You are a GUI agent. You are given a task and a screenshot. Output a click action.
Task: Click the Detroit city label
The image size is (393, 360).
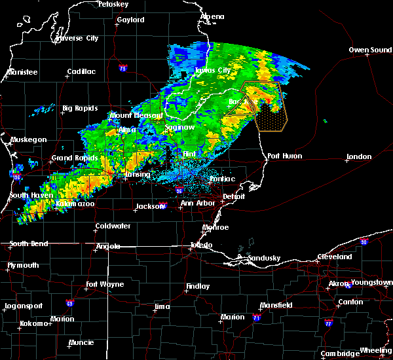234,196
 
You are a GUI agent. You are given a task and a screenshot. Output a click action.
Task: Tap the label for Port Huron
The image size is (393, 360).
283,156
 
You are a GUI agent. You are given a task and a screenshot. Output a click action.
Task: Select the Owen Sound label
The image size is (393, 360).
371,50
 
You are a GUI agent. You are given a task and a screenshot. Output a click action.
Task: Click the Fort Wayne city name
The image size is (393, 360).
107,285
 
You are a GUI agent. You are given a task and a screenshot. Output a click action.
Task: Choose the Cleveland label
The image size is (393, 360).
335,257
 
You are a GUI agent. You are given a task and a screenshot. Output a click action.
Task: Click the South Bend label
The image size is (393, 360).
27,244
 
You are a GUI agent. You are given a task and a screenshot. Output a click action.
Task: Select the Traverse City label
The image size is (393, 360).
77,39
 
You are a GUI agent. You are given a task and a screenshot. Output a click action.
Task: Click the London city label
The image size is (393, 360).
359,156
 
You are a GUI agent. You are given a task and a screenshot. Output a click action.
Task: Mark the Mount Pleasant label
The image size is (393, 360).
136,115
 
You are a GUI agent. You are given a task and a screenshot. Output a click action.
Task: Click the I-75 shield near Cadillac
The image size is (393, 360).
123,67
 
